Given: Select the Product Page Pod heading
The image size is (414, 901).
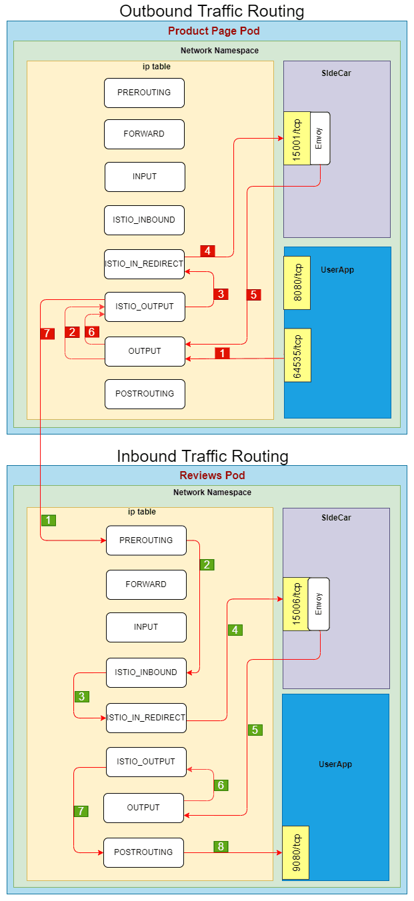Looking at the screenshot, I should pos(213,31).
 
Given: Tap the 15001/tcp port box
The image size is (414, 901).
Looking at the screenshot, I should pos(297,138).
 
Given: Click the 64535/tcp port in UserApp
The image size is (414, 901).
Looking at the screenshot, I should pos(297,355).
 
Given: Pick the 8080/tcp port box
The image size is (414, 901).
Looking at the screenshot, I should pos(297,283).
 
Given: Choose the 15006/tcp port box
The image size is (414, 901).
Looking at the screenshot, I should pos(296,604).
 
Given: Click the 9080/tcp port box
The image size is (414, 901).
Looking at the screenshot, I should pos(295,853).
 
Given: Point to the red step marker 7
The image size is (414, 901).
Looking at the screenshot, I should pos(47,334).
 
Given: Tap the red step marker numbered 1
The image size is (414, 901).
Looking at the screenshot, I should pos(223,353).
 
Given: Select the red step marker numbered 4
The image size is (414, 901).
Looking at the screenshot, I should pos(208,251).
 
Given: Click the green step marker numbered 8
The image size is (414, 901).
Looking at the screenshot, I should pos(221,846).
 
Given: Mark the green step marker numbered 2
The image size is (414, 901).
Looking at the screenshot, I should pos(207,564).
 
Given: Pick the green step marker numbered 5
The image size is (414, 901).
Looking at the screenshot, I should pos(255,730).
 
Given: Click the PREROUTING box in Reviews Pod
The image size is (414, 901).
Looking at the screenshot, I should pos(146,540).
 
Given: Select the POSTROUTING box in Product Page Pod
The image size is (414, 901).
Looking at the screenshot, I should pos(145,394).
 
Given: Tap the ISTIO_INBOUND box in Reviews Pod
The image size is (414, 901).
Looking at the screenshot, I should pos(146,672).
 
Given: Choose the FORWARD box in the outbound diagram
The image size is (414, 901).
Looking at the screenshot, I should pos(144,134).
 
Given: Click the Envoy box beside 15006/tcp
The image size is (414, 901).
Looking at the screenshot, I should pos(319,604).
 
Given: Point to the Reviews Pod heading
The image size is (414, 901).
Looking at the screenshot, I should pos(212,476).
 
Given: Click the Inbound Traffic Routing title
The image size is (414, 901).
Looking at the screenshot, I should pos(203,456).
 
